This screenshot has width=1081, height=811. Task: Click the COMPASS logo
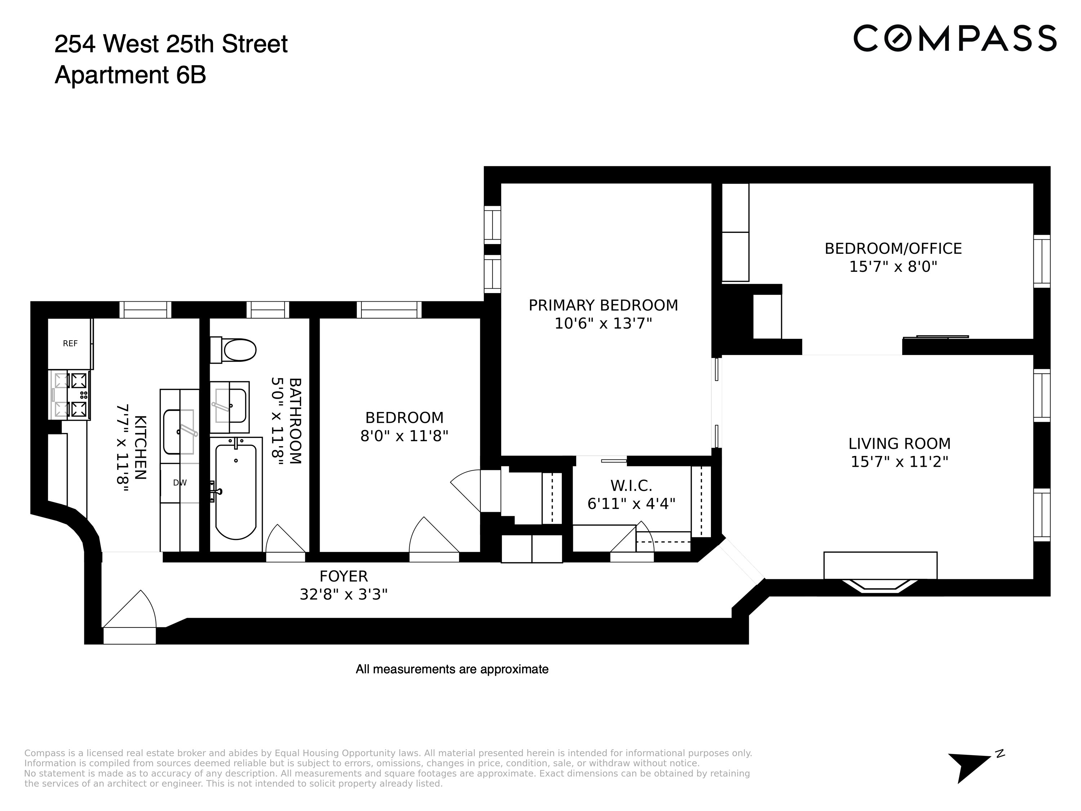coord(955,38)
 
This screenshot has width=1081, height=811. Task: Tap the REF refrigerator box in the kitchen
coord(70,344)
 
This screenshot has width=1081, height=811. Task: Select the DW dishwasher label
coord(180,483)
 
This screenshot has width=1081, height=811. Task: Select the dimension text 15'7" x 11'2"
coord(899,462)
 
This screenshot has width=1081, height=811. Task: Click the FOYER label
coord(343,576)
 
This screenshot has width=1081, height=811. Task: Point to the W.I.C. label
coord(631,486)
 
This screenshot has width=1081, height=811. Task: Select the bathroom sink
coord(231,406)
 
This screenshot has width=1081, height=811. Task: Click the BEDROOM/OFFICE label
coord(893,249)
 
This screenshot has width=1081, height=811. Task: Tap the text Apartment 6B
coord(130,75)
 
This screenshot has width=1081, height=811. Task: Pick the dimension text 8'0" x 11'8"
coord(404,436)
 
